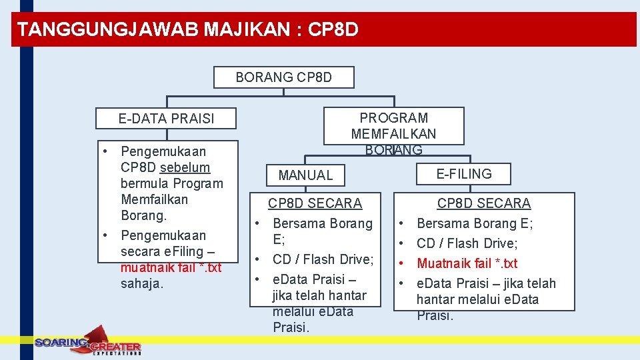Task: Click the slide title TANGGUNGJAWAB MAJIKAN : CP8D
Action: [x=187, y=30]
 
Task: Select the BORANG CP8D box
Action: [x=283, y=77]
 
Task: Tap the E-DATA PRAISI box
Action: [x=166, y=119]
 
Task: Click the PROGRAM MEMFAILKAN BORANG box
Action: [x=393, y=126]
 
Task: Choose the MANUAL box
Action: [x=305, y=175]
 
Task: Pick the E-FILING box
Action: [x=463, y=174]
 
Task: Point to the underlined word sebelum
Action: [x=185, y=167]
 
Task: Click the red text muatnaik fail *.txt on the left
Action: [x=171, y=268]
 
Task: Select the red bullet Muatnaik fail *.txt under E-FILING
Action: [x=467, y=263]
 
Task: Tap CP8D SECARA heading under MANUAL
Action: [x=315, y=203]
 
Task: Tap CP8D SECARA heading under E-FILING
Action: [x=483, y=203]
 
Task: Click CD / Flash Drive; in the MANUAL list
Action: [x=323, y=259]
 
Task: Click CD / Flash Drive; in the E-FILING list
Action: [x=467, y=243]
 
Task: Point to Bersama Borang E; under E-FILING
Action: [x=474, y=223]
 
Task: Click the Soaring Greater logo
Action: [x=87, y=343]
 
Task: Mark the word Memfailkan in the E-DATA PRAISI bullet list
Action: [x=154, y=199]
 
